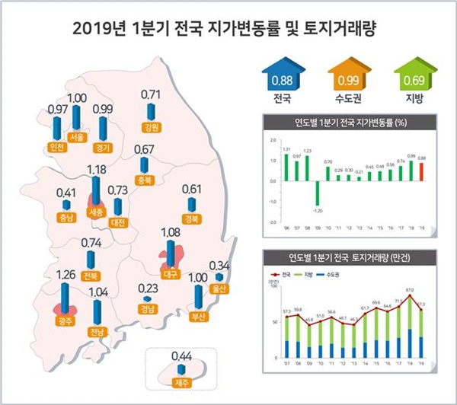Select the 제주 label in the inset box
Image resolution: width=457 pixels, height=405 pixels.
pos(181,381)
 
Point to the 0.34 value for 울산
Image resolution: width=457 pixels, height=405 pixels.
pos(219,266)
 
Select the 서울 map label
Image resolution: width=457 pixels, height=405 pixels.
pos(77,137)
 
